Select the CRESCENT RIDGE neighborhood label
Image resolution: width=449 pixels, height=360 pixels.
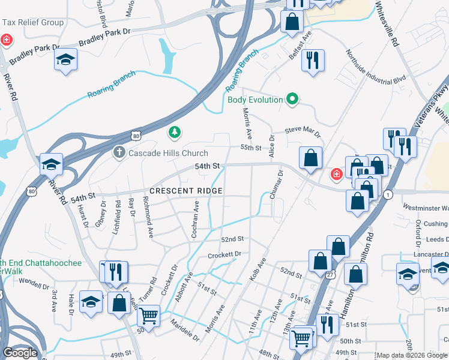(x=186, y=191)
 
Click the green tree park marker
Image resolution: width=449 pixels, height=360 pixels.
(x=175, y=131)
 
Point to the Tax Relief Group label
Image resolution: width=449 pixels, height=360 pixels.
(x=33, y=23)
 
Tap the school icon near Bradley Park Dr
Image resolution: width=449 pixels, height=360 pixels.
(x=66, y=59)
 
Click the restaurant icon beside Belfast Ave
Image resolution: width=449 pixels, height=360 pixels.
(x=312, y=61)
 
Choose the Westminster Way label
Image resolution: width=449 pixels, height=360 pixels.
(x=425, y=208)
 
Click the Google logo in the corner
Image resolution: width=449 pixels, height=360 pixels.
(x=20, y=352)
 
